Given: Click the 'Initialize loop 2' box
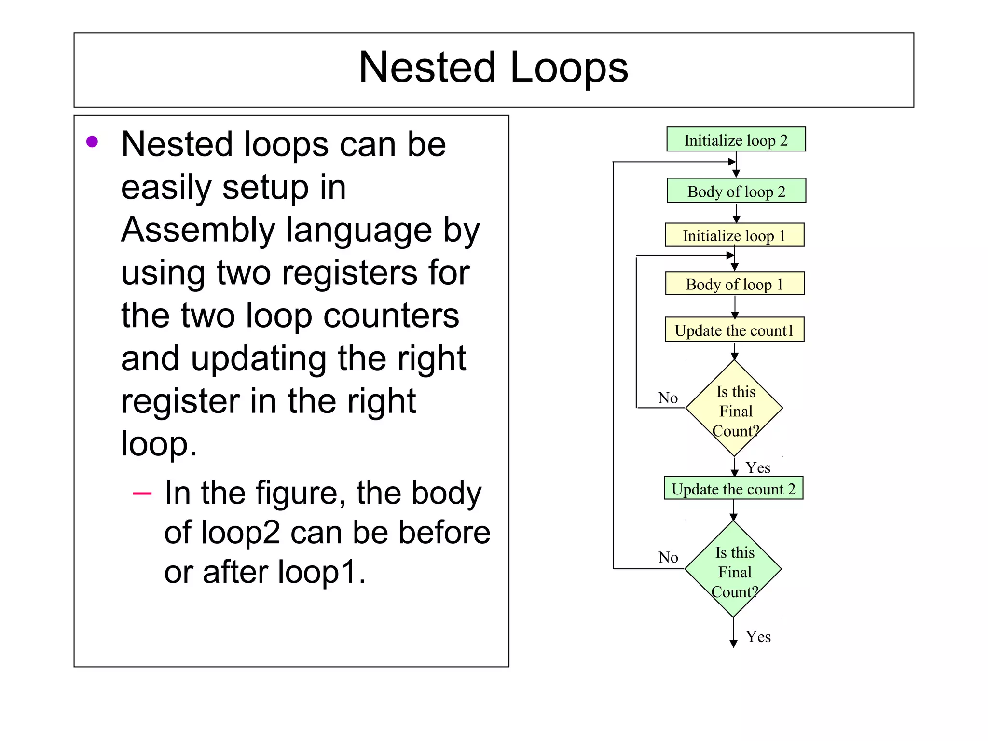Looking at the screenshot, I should (x=736, y=139).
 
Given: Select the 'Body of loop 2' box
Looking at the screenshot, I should (x=736, y=191).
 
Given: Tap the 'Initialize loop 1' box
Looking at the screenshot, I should (x=734, y=235).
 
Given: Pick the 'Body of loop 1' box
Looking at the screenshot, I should (x=734, y=284).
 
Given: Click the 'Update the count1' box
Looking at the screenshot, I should (x=734, y=330).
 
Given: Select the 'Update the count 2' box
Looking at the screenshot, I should (x=733, y=489).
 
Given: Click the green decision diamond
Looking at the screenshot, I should (x=733, y=569).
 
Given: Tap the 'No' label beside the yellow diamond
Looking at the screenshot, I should (x=668, y=398).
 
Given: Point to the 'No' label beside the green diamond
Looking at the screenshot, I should (x=668, y=557).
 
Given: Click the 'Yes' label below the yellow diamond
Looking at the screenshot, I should (x=758, y=467).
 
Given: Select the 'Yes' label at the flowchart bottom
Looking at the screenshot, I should (x=758, y=637).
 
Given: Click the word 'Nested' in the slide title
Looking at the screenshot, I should (x=427, y=68).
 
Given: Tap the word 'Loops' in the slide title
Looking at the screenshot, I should (x=569, y=68).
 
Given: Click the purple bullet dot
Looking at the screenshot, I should (x=92, y=142).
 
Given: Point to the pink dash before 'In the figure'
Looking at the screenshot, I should (x=142, y=494).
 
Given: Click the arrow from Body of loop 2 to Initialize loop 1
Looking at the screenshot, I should (x=736, y=212).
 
